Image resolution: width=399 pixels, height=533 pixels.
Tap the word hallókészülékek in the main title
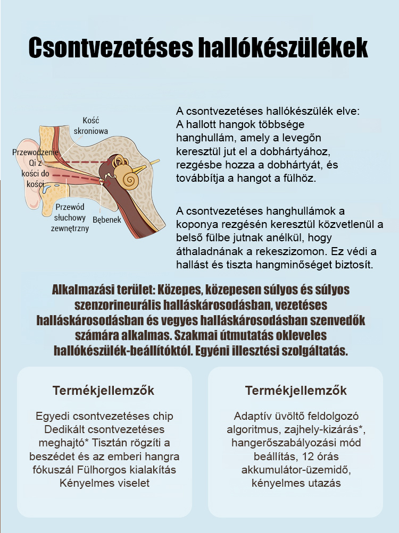[x=282, y=47]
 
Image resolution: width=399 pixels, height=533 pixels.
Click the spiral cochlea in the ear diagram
[x=129, y=179]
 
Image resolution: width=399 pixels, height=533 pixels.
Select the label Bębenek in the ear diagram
[x=107, y=219]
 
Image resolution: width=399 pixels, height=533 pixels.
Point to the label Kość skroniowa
[x=91, y=125]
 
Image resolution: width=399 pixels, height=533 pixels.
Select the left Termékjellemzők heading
[x=104, y=391]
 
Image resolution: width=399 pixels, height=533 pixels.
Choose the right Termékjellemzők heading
[x=296, y=391]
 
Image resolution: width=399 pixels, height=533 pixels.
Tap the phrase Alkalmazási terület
[x=100, y=291]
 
